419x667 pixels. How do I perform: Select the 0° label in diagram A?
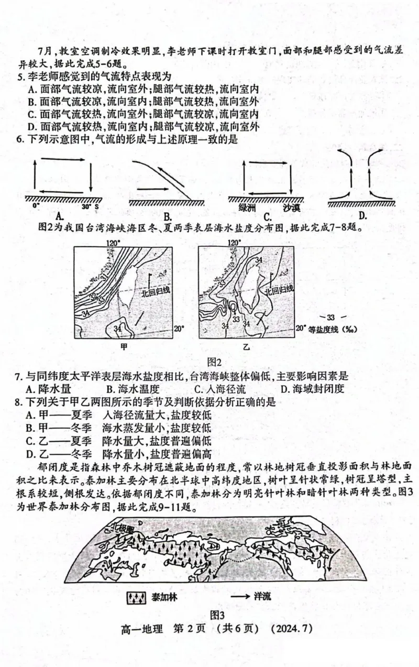pyautogui.click(x=36, y=206)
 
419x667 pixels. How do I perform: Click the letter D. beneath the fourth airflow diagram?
pyautogui.click(x=362, y=215)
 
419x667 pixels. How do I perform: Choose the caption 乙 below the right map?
pyautogui.click(x=246, y=347)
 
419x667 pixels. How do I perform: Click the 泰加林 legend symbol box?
pyautogui.click(x=136, y=597)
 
